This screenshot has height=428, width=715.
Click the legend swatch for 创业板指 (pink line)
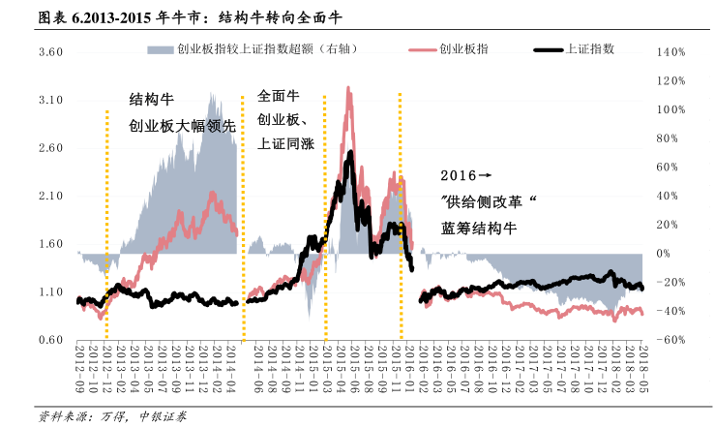point(424,48)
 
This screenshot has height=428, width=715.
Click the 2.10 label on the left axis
point(50,197)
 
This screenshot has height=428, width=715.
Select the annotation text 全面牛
point(280,97)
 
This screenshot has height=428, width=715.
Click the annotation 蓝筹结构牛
point(481,229)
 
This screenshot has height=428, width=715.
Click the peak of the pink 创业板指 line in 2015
point(348,88)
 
